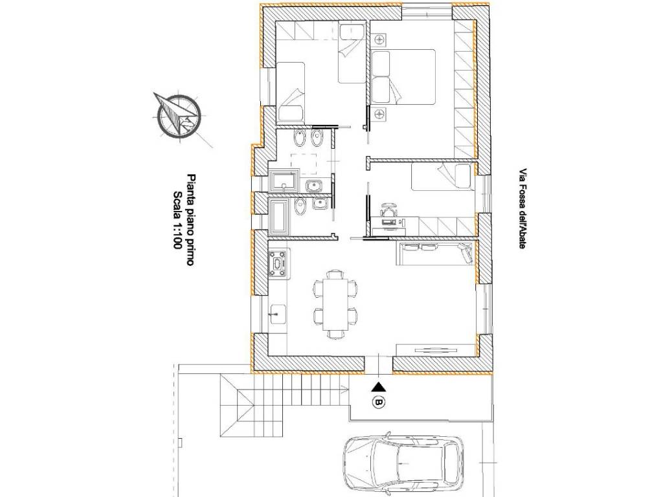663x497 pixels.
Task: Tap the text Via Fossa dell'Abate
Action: (x=523, y=209)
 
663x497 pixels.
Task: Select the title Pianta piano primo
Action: (x=190, y=220)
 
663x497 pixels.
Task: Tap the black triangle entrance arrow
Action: (x=379, y=386)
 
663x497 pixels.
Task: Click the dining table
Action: (x=336, y=304)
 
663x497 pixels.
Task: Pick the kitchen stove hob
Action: (x=279, y=264)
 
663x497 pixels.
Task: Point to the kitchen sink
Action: (x=278, y=314)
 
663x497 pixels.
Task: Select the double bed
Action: (x=403, y=77)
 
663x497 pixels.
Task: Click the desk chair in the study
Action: (x=390, y=208)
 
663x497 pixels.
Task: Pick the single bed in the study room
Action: (x=441, y=177)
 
